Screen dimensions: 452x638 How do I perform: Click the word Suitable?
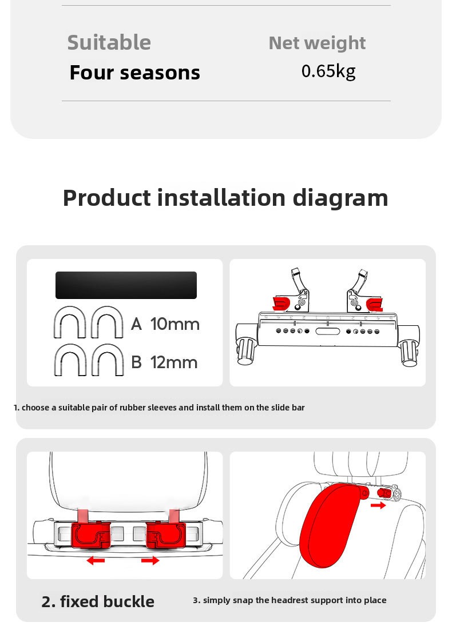[x=109, y=42]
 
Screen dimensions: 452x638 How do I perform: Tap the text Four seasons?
[x=135, y=73]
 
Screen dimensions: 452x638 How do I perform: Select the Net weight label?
[x=317, y=43]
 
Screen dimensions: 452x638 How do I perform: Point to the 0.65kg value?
[x=328, y=71]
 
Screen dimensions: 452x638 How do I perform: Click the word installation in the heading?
[x=221, y=198]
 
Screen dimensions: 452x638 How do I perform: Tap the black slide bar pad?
[x=126, y=285]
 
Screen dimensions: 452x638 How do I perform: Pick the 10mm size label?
[x=175, y=324]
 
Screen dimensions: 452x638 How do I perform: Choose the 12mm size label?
[x=175, y=362]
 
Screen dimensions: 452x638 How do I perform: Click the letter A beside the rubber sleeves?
[x=136, y=324]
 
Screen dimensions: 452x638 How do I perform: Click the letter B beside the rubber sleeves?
[x=136, y=362]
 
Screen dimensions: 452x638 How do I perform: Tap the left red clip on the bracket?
[x=281, y=304]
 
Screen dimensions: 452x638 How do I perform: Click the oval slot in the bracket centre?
[x=328, y=331]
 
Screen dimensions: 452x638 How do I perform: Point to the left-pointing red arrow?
[x=96, y=561]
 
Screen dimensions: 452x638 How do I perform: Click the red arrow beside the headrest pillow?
[x=378, y=505]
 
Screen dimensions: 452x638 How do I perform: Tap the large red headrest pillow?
[x=330, y=525]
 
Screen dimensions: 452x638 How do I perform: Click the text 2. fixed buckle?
[x=98, y=601]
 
